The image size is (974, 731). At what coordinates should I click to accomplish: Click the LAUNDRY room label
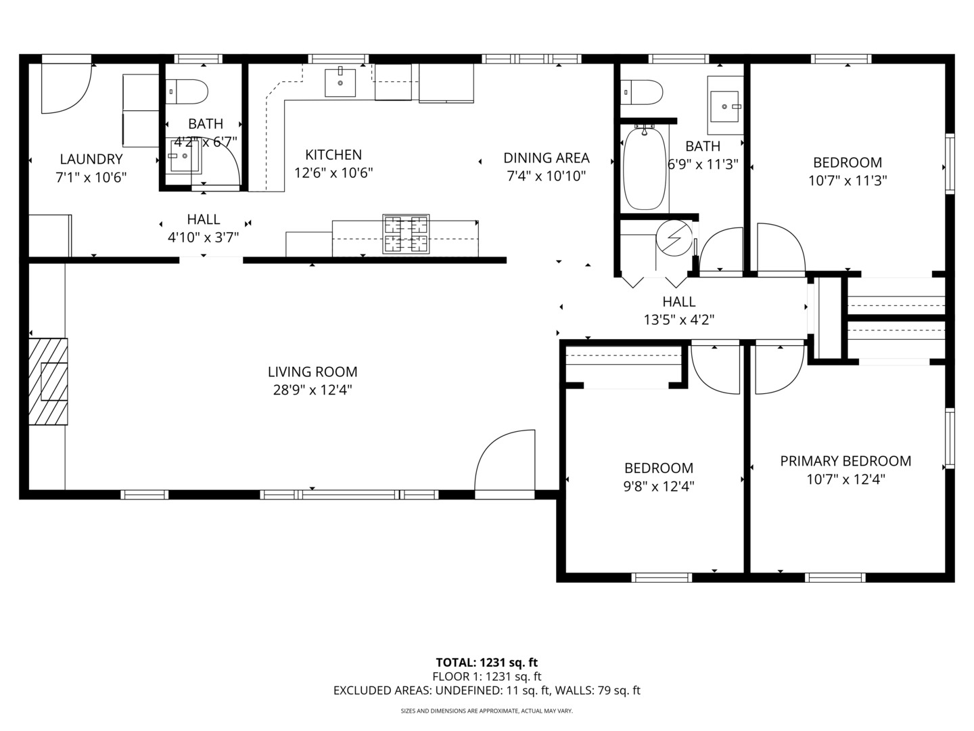(x=91, y=159)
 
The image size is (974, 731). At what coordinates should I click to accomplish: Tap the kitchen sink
(x=340, y=83)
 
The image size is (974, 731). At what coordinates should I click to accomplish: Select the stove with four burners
(x=406, y=234)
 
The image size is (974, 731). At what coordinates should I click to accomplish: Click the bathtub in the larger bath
(x=645, y=167)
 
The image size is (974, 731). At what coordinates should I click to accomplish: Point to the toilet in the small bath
(x=187, y=91)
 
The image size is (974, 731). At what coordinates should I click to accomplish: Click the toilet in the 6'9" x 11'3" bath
(x=642, y=91)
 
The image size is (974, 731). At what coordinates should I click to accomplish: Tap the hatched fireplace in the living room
(x=48, y=382)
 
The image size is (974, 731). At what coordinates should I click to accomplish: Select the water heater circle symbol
(x=673, y=236)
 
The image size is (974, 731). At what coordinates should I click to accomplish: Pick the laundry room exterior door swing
(x=66, y=88)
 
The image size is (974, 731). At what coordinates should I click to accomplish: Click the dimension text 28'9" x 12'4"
(x=312, y=390)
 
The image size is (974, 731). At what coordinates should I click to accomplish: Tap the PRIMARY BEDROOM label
(x=845, y=461)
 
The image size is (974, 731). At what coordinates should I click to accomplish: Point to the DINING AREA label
(x=546, y=158)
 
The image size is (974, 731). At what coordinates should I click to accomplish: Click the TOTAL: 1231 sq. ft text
(x=486, y=663)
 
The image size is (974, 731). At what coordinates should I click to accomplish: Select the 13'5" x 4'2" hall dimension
(x=679, y=319)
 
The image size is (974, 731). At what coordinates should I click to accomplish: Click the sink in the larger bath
(x=725, y=106)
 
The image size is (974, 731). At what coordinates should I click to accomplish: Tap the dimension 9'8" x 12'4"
(x=658, y=486)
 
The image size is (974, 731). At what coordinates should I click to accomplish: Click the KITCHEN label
(x=333, y=154)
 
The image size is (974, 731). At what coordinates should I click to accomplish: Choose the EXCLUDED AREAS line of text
(x=486, y=691)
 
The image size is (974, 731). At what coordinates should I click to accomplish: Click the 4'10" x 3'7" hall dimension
(x=204, y=238)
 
